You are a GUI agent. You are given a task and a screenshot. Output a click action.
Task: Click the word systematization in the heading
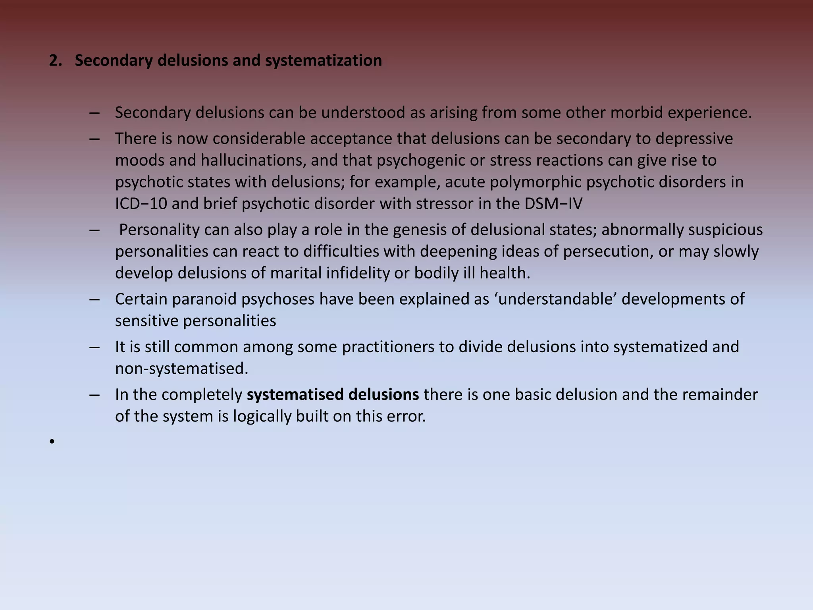click(x=323, y=60)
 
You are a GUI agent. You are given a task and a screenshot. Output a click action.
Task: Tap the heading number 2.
click(x=55, y=60)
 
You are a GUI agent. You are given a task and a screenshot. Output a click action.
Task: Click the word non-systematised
click(x=181, y=369)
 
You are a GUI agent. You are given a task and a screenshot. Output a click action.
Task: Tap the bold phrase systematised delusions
click(x=333, y=395)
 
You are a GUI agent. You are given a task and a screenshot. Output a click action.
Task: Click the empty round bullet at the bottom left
click(x=52, y=442)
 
